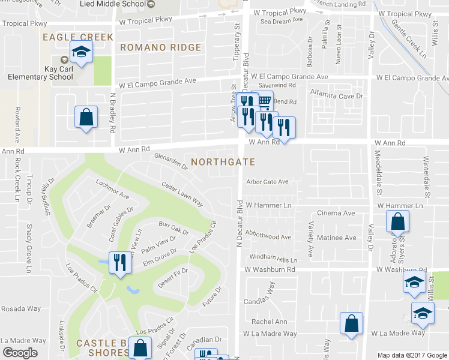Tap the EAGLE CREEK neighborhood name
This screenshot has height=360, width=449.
coord(78,37)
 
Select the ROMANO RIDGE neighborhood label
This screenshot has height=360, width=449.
coord(160,47)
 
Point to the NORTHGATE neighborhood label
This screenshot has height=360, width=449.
coord(223,162)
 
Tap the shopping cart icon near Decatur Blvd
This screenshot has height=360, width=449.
coord(263,101)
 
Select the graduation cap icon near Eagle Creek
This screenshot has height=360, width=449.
coord(81,52)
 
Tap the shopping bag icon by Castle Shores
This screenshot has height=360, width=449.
coord(140,347)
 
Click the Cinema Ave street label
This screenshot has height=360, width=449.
coord(336,213)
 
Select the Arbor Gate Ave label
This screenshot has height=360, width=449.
coord(268,182)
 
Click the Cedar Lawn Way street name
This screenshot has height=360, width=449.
coord(181,194)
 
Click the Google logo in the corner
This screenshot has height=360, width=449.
coord(20,352)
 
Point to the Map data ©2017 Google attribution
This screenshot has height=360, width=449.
coord(412,355)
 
